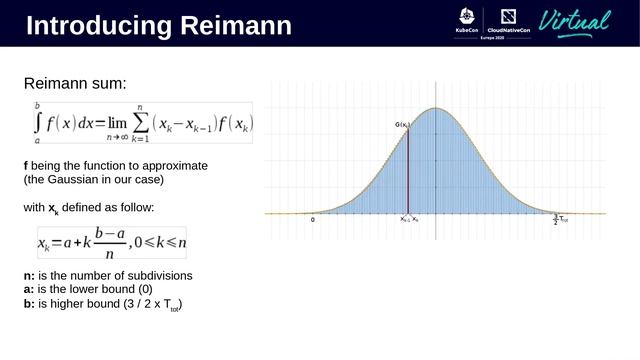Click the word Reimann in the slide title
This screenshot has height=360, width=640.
(x=236, y=26)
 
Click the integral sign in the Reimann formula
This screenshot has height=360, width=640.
(x=38, y=123)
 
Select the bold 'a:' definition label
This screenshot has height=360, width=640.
(x=29, y=289)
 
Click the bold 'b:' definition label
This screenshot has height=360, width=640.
(x=29, y=303)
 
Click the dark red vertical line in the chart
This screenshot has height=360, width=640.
(x=408, y=170)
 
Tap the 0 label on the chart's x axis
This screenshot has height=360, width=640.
(x=313, y=219)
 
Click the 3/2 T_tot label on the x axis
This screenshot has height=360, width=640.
(x=559, y=219)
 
